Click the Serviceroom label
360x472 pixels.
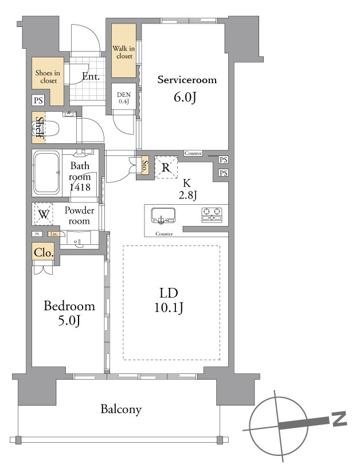[187, 80]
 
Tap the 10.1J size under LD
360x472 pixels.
[169, 307]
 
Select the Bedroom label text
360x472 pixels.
[69, 306]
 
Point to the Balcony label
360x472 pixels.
[121, 409]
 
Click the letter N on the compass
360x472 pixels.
[339, 419]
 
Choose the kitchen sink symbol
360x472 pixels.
[163, 216]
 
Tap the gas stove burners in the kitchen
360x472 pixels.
[212, 215]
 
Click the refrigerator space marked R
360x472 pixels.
[166, 167]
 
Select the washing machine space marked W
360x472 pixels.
[44, 214]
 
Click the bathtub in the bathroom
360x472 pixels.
[46, 173]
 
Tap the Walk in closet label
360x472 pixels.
[124, 52]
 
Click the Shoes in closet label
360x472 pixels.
[48, 76]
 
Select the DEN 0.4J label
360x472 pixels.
[124, 98]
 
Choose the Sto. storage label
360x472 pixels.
[145, 165]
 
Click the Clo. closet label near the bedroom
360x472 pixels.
[44, 252]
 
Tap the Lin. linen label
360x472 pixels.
[54, 234]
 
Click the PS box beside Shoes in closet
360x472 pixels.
[38, 100]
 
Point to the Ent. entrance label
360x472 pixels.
[91, 76]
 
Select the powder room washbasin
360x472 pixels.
[79, 240]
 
